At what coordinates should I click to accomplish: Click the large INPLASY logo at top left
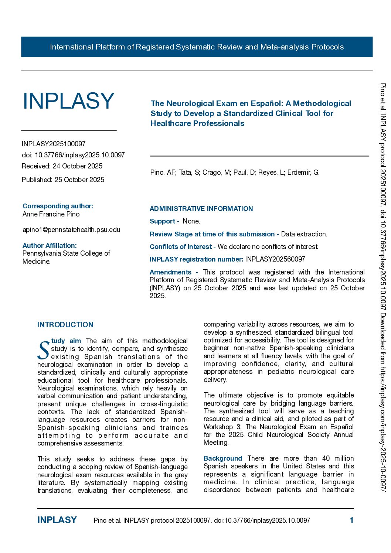click(68, 101)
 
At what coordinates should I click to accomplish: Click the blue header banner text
click(197, 47)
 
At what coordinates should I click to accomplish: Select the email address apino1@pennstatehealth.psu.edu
click(71, 230)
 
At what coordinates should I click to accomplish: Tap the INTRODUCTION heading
click(65, 325)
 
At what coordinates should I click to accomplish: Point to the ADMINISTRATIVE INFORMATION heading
click(201, 209)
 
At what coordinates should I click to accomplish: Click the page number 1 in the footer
click(351, 520)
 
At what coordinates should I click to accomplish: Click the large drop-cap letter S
click(44, 350)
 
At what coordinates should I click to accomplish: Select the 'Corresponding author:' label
click(58, 206)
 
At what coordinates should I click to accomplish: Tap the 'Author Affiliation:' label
click(50, 246)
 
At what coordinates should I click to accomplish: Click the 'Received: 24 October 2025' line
click(62, 166)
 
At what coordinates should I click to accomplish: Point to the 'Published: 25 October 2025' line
click(63, 180)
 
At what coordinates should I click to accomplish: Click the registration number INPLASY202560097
click(275, 259)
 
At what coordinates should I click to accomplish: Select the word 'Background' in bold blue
click(223, 458)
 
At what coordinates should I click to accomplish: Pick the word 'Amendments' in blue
click(170, 272)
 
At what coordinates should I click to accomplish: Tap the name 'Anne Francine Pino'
click(51, 214)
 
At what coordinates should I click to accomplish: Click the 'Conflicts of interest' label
click(180, 247)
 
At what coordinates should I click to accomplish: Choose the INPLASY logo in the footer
click(57, 520)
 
